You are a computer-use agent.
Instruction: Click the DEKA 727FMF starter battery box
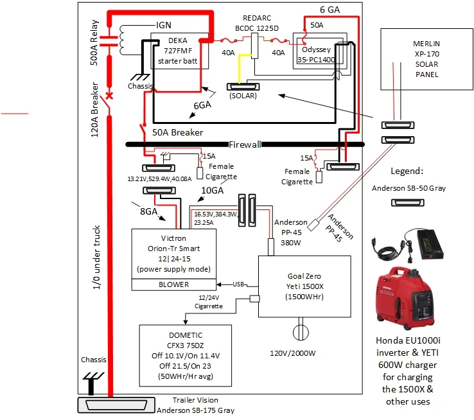tap(179, 51)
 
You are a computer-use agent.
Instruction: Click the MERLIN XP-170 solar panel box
tap(426, 58)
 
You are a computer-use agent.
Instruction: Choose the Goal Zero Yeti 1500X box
tap(304, 286)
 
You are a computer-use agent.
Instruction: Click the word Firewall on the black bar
tap(245, 144)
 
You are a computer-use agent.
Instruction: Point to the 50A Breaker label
tap(178, 132)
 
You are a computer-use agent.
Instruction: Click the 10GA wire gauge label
tap(213, 190)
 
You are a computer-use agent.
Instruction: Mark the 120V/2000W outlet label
tap(297, 353)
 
